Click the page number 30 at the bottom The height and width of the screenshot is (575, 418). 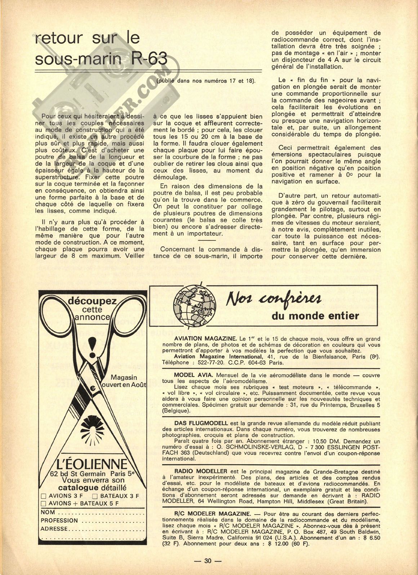[x=208, y=561]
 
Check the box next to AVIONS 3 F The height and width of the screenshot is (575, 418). [x=44, y=496]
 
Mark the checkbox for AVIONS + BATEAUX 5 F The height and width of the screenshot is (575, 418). [x=44, y=504]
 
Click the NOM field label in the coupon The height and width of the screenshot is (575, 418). [x=48, y=512]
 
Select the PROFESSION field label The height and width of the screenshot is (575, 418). [x=59, y=520]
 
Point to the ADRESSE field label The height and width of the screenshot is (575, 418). [x=54, y=529]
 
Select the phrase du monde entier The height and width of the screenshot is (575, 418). [x=315, y=316]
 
